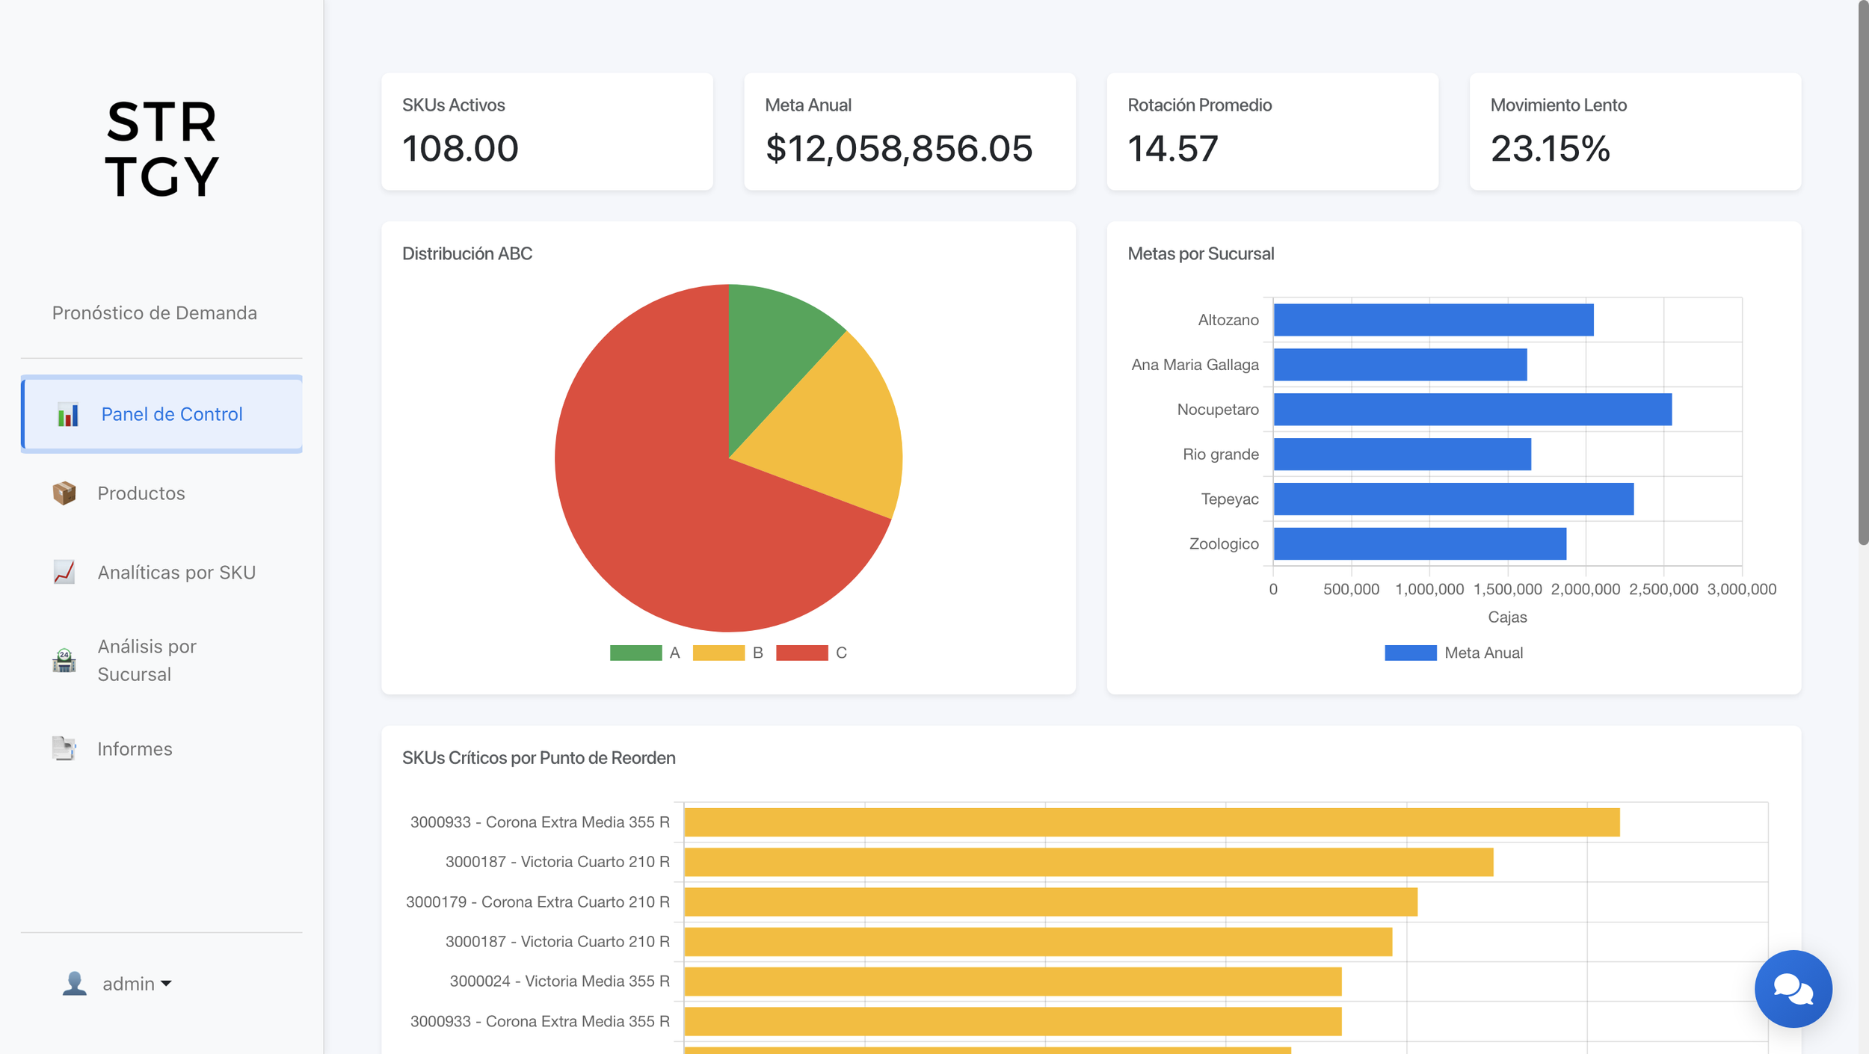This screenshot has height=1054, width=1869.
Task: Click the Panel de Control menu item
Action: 161,414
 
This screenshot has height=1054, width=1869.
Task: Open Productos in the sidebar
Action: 141,493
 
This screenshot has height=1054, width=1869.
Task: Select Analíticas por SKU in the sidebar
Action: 176,573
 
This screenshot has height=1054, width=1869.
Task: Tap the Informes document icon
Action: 64,748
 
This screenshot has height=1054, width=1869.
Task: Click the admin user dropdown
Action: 117,984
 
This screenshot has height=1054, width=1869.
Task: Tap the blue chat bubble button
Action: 1793,989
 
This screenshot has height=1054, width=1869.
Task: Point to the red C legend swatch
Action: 801,653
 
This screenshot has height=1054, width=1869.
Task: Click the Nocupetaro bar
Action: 1473,410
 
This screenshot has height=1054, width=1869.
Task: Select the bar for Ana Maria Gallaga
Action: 1400,365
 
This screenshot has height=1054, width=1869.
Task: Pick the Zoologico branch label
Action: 1224,544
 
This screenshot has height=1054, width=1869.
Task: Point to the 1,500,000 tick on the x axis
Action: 1507,589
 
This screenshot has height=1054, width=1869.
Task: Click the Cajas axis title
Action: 1507,617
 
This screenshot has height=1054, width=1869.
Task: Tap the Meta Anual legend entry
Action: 1453,653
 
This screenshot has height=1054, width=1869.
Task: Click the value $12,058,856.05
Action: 899,149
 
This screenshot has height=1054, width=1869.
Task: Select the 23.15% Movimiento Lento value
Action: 1550,149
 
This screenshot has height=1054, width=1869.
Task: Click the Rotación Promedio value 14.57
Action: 1172,149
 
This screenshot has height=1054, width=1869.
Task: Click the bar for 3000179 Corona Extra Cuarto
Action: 1050,902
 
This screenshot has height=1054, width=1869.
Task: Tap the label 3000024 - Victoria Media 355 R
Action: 559,981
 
